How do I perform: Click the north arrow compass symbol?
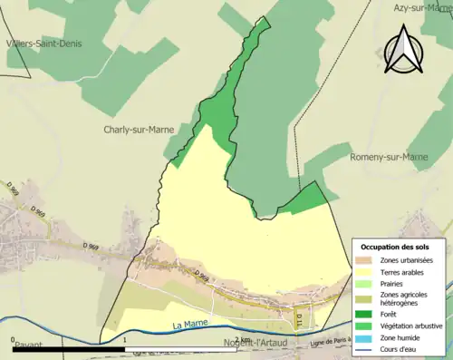coord(401,49)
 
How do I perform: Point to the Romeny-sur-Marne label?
coord(388,157)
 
